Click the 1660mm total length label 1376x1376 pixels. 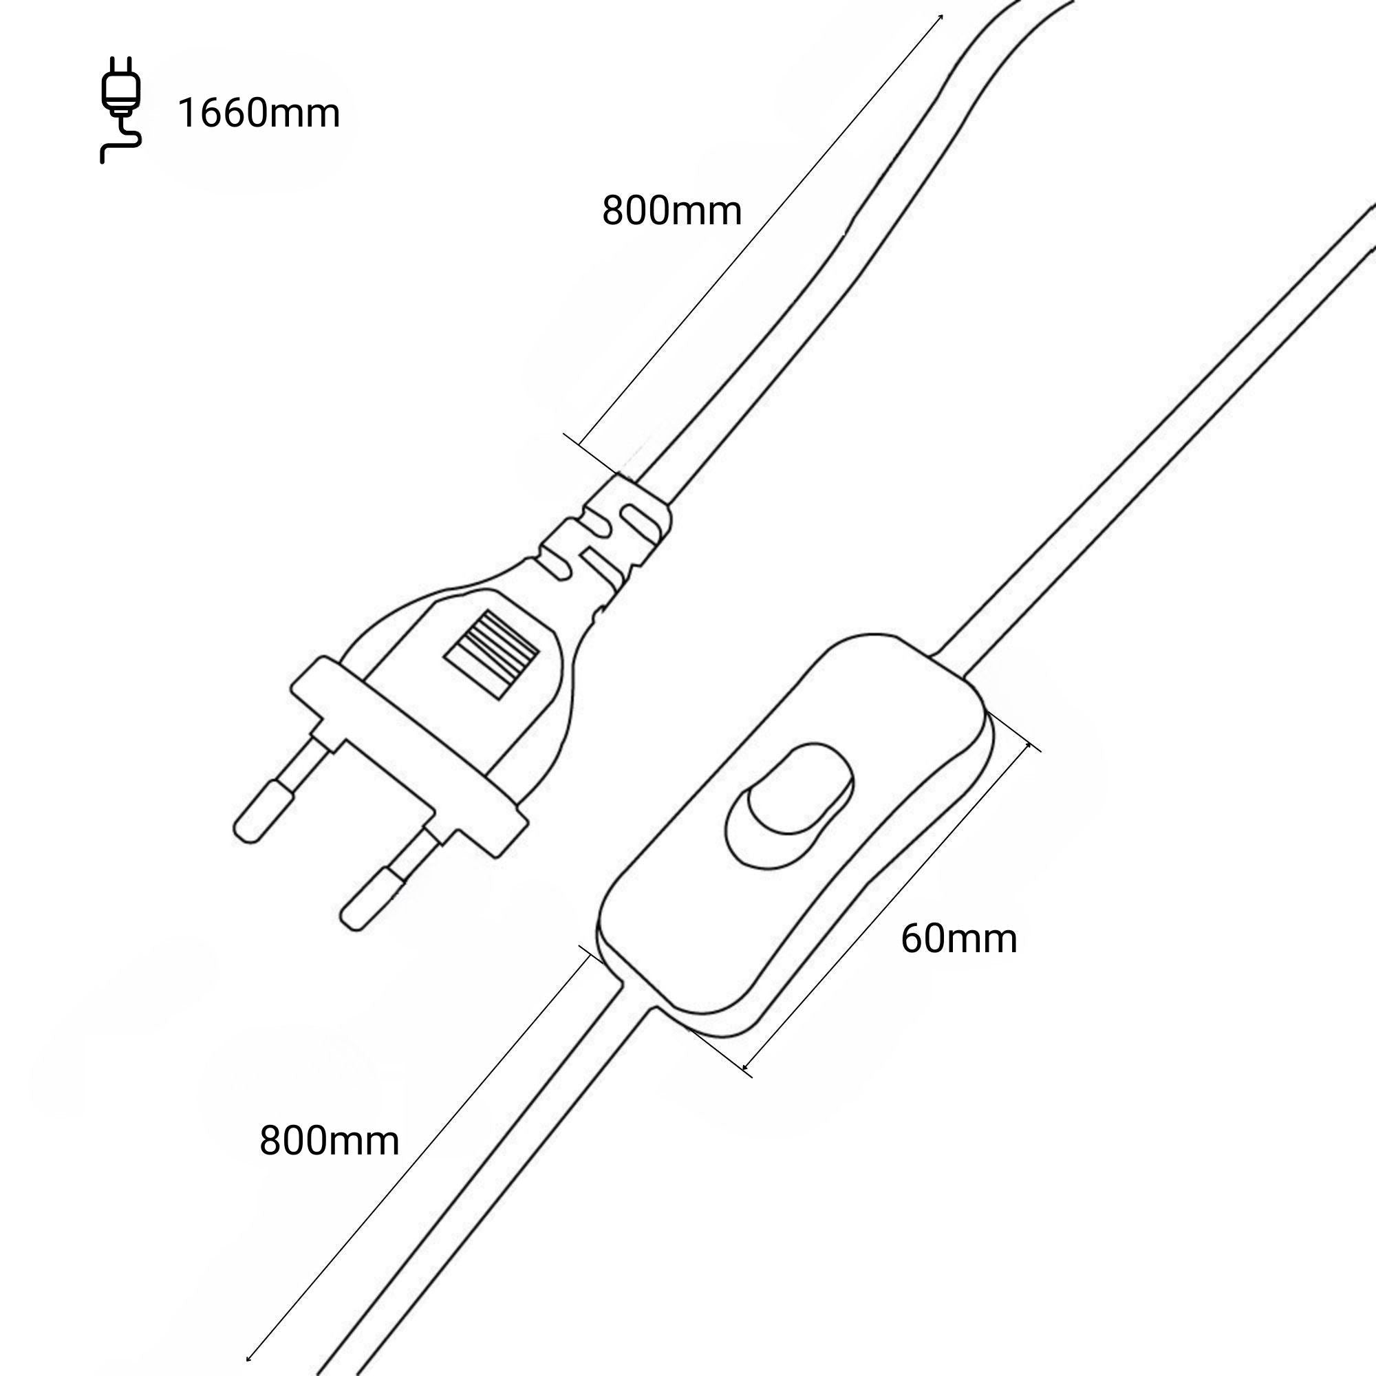(259, 114)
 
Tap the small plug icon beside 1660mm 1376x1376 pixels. (120, 110)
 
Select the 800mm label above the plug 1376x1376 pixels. (671, 211)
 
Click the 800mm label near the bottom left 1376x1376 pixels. (329, 1141)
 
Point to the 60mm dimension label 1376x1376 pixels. (958, 938)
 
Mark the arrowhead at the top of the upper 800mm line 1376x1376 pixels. (942, 17)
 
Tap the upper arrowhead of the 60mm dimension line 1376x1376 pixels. (1029, 745)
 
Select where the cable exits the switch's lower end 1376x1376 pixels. (638, 997)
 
